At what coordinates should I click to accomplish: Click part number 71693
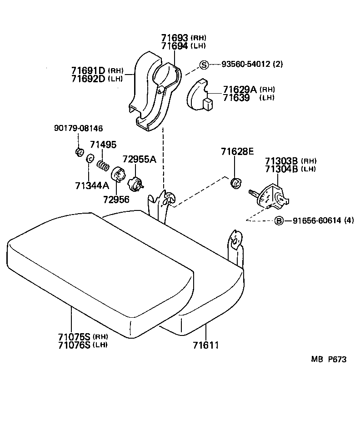point(175,38)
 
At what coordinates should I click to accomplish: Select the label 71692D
point(88,79)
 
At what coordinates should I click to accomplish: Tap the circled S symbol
point(204,65)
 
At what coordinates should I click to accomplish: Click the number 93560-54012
point(245,65)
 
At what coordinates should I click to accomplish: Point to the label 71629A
point(239,90)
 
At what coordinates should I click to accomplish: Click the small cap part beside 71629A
point(200,96)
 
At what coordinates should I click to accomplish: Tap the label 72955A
point(139,159)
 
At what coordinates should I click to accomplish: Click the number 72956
point(116,199)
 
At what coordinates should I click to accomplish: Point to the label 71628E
point(237,151)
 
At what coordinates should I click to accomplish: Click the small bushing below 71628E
point(236,183)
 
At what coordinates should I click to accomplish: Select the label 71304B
point(281,169)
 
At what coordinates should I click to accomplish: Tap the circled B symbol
point(279,221)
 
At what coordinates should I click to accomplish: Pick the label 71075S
point(74,337)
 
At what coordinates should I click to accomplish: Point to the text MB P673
point(329,359)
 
